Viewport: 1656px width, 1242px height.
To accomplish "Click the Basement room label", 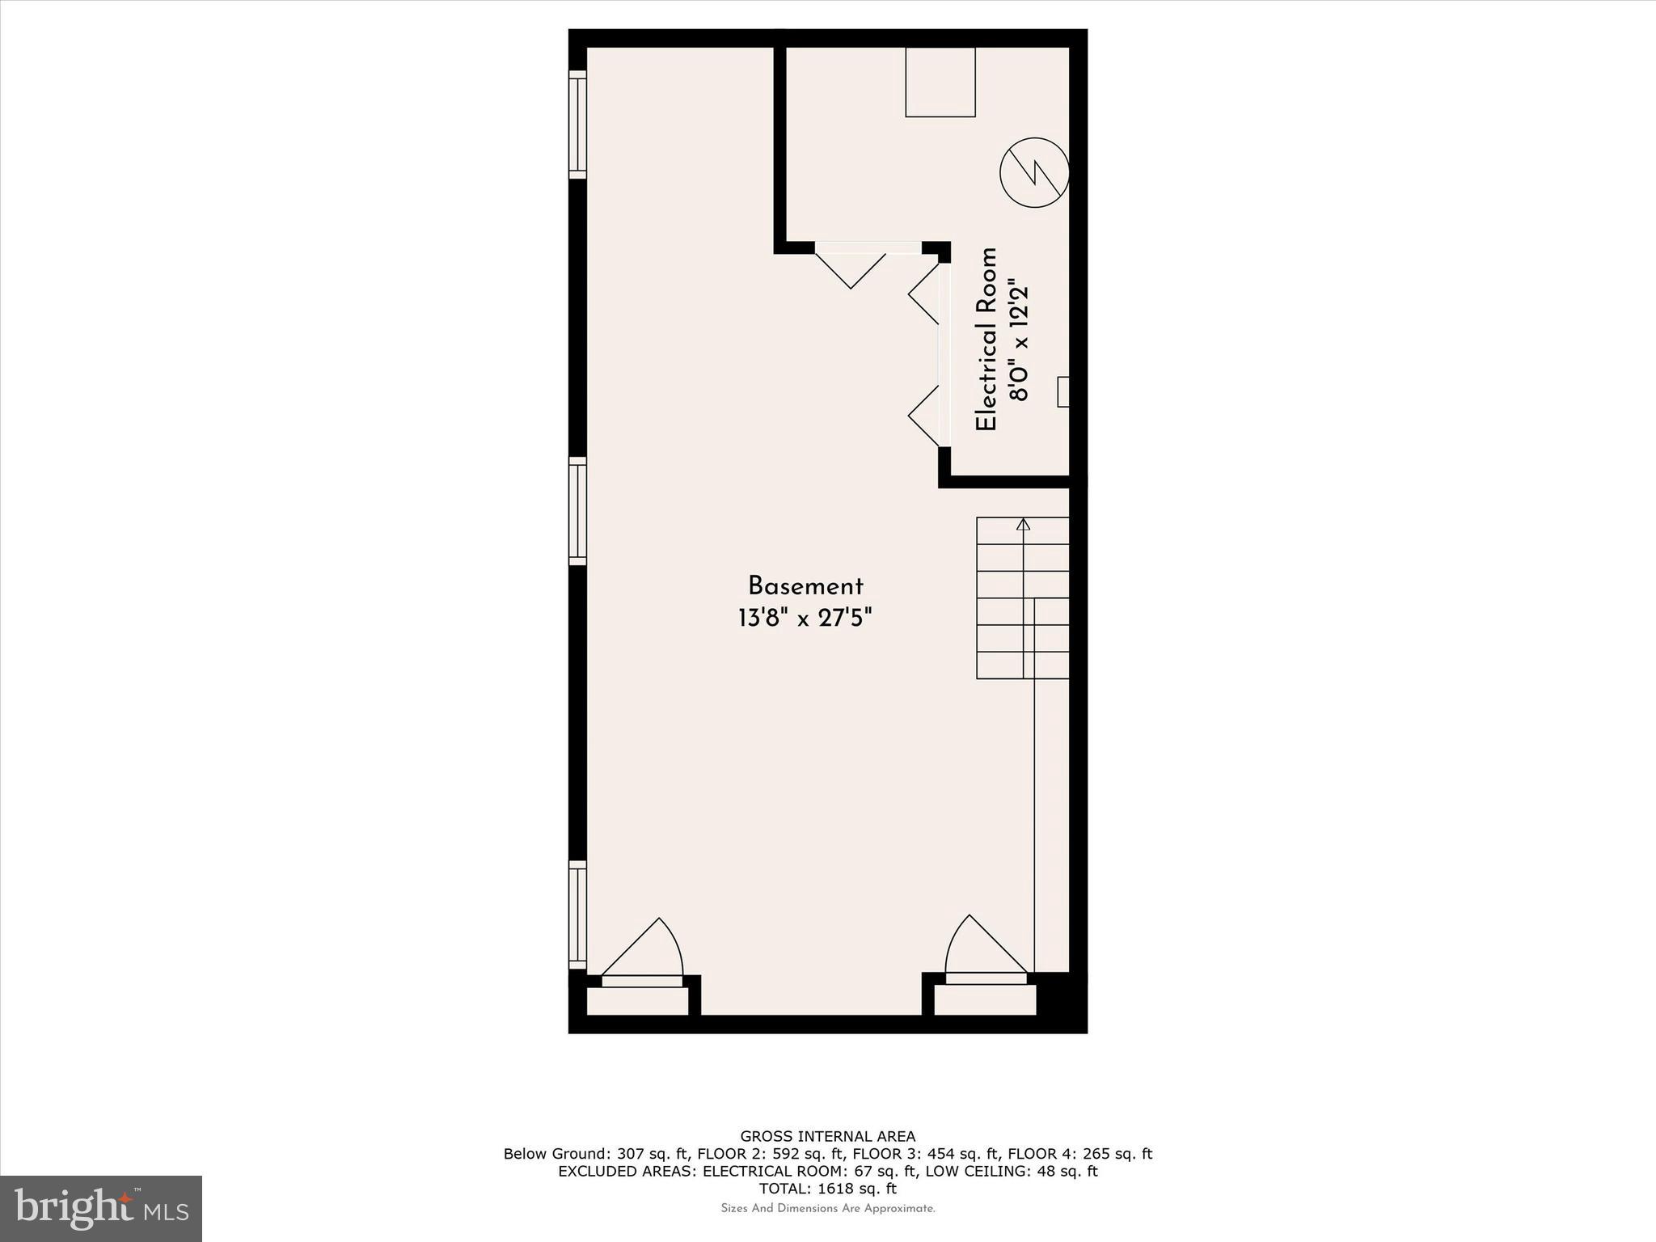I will (x=805, y=586).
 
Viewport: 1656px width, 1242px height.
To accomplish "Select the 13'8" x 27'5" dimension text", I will (x=805, y=619).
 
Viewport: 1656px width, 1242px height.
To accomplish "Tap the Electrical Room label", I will (x=986, y=340).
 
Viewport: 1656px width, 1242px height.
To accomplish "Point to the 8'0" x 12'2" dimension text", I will (x=1019, y=343).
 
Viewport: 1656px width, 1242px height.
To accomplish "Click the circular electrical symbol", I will (x=1034, y=172).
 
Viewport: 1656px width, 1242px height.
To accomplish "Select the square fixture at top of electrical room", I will (x=940, y=82).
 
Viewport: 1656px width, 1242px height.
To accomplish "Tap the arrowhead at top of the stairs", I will (x=1024, y=524).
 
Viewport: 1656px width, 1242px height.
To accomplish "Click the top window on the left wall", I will (x=577, y=125).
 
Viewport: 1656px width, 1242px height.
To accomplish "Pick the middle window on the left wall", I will (x=577, y=511).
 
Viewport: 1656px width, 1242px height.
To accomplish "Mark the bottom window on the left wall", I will (x=577, y=915).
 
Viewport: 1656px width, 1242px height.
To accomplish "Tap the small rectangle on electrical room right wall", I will (x=1063, y=391).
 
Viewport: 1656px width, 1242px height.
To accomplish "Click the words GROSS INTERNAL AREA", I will (x=828, y=1136).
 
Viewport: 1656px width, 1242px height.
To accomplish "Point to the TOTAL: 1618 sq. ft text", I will (x=828, y=1189).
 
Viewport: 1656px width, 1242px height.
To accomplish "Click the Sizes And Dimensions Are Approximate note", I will (x=828, y=1208).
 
